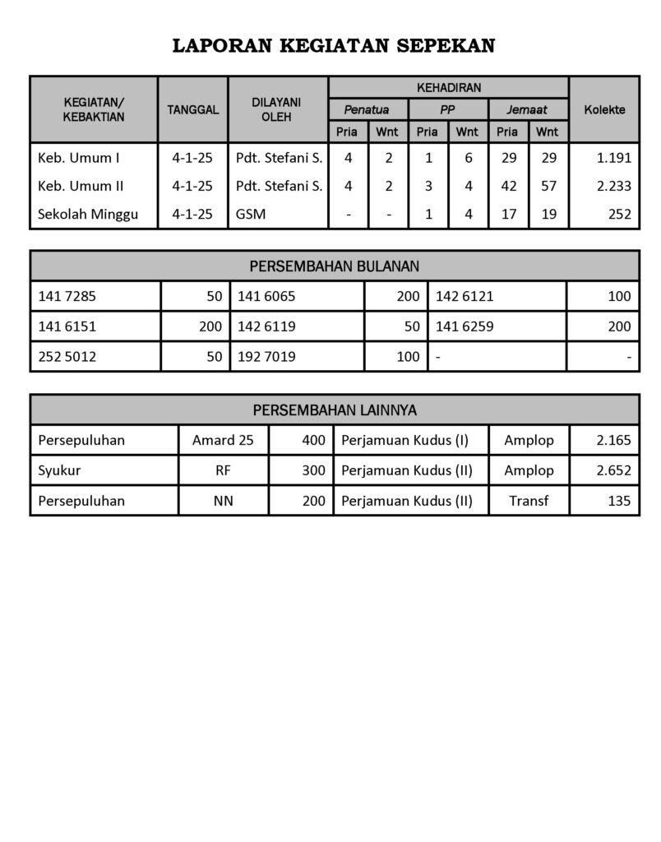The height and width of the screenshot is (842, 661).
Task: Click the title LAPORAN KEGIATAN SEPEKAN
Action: tap(333, 46)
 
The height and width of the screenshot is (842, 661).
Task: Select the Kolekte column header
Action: tap(604, 109)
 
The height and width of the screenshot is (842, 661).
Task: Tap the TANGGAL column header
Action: tap(192, 109)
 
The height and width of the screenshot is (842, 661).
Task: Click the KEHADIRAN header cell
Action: tap(448, 86)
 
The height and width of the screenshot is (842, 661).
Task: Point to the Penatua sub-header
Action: tap(367, 109)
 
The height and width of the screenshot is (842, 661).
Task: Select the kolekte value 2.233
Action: tap(613, 186)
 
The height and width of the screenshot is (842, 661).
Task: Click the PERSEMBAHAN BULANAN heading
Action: tap(334, 266)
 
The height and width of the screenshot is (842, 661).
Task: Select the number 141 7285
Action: tap(67, 296)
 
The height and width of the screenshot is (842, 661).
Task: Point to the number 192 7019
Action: tap(266, 357)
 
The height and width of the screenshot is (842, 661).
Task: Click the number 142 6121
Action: tap(465, 296)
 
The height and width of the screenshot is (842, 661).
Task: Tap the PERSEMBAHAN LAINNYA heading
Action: tap(334, 409)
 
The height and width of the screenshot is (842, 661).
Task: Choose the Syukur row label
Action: tap(59, 470)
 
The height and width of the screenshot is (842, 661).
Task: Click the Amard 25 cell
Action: tap(223, 440)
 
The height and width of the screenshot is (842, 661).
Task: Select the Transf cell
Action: tap(529, 501)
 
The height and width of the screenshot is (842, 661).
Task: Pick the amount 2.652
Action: tap(613, 470)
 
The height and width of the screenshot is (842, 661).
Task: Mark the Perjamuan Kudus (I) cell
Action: tap(404, 440)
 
